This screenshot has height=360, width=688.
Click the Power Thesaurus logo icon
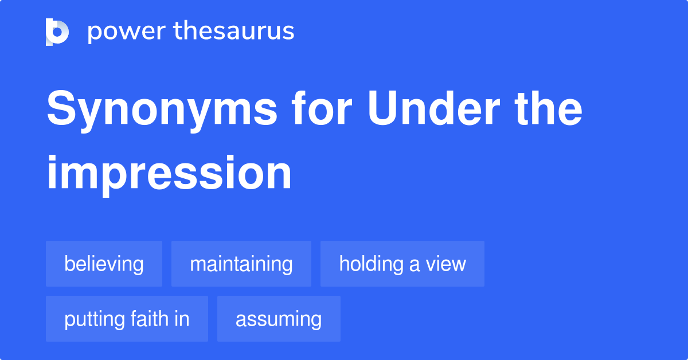(57, 32)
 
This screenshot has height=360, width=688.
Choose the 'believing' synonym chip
(104, 264)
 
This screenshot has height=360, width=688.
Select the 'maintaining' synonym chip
(241, 264)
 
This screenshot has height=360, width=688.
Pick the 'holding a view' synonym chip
(402, 264)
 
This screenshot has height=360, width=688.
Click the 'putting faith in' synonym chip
(127, 319)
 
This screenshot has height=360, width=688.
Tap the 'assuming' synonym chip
(279, 319)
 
